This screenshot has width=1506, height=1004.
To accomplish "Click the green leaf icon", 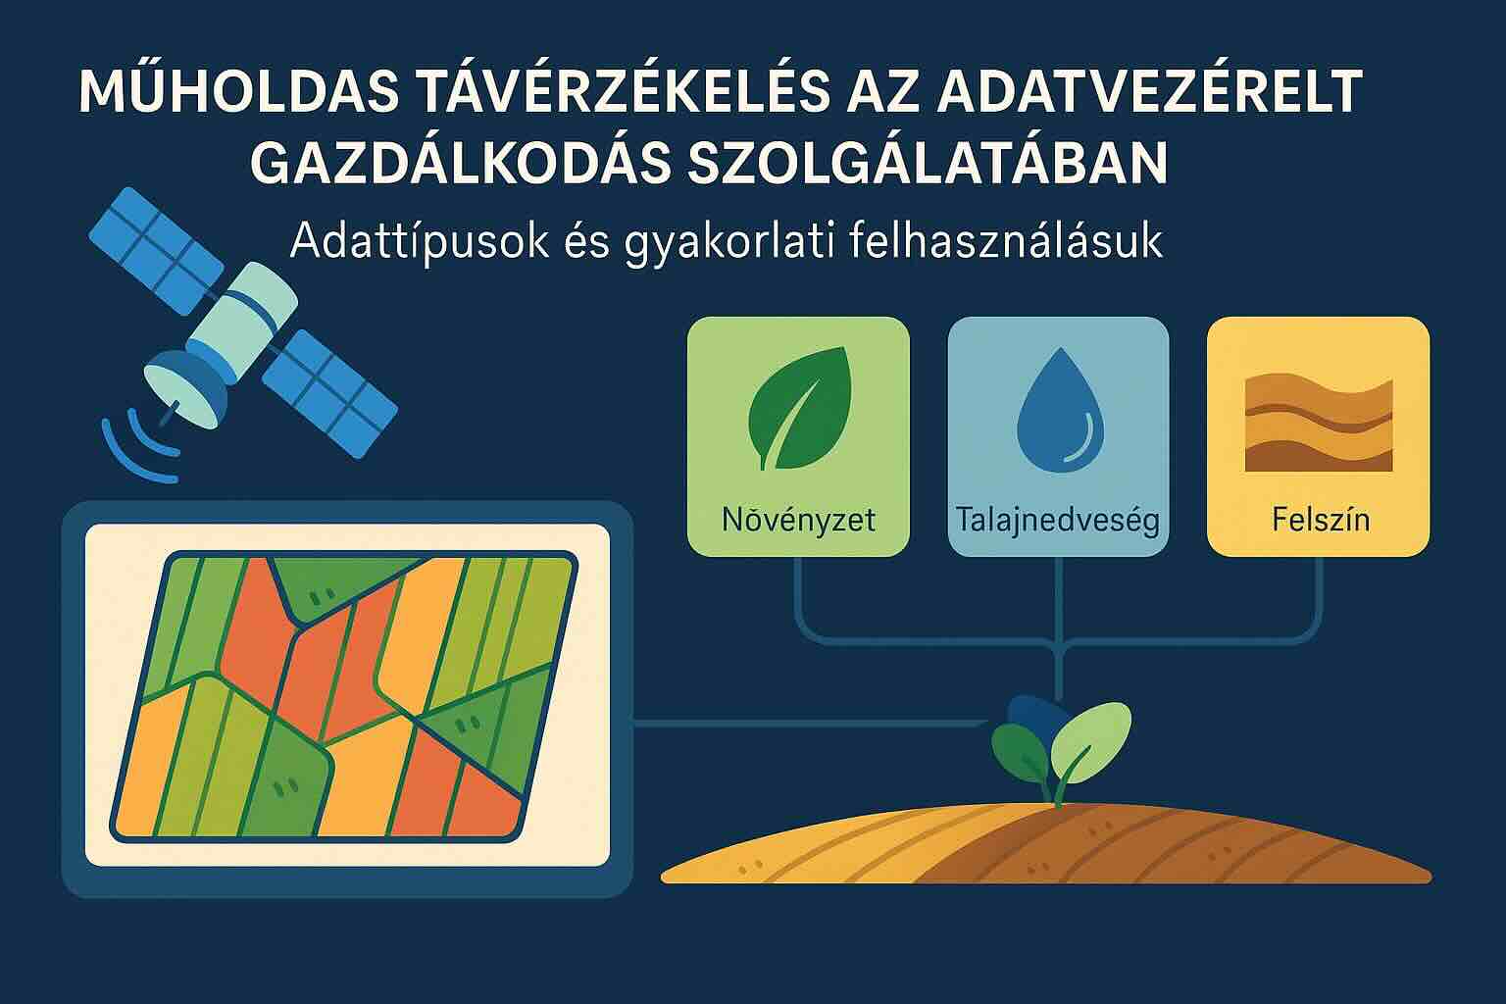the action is pos(799,408).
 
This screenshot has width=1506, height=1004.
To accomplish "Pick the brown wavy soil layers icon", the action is pos(1319,424).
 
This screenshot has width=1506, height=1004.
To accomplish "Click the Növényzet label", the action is pos(799,520).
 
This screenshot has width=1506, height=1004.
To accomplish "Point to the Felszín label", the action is pos(1321,519).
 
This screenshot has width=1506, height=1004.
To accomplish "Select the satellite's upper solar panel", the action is pos(156,251).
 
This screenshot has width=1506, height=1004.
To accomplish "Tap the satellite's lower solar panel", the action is pos(329,393).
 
